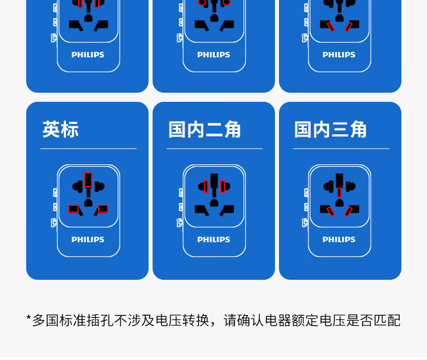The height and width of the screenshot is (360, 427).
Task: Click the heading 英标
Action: [x=60, y=130]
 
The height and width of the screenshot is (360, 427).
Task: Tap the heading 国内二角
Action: [x=205, y=130]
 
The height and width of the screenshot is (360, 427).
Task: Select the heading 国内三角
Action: [x=331, y=130]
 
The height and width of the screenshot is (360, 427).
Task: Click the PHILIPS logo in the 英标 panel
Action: [x=88, y=239]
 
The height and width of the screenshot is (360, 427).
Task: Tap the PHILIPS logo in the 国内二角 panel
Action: [x=213, y=239]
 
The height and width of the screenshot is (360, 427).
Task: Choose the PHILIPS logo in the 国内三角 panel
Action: [x=339, y=239]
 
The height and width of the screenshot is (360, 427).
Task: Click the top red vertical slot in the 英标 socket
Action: [x=88, y=180]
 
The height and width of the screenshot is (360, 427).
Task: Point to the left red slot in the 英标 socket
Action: [x=73, y=209]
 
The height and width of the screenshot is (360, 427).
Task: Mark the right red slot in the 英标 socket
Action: [x=102, y=209]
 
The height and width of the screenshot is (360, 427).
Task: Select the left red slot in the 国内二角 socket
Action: [x=206, y=187]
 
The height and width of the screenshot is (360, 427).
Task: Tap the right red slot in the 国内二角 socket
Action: [x=223, y=187]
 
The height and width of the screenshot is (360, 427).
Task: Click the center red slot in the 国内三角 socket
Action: [x=339, y=192]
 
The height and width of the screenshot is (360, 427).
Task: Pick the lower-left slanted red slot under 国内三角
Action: [x=331, y=212]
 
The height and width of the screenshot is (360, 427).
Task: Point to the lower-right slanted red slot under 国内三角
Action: [x=348, y=212]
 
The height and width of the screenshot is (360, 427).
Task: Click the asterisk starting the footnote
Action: [x=28, y=318]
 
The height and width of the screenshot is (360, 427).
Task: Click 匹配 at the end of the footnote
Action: [x=388, y=320]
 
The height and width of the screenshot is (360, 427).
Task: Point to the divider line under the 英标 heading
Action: [x=88, y=148]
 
